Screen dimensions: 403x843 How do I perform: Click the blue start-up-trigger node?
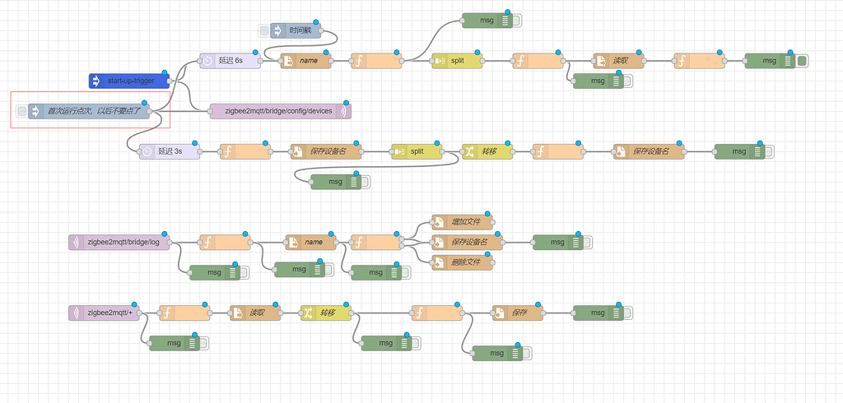(128, 81)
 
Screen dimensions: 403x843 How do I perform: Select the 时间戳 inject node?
(301, 30)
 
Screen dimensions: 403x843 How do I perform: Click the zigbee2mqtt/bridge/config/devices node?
(280, 111)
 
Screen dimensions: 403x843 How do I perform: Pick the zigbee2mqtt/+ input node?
(105, 313)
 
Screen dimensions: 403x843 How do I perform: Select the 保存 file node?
(518, 313)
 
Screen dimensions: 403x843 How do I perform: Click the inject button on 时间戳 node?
(264, 30)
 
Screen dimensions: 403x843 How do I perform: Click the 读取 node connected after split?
(618, 61)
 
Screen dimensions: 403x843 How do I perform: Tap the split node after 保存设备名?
(416, 151)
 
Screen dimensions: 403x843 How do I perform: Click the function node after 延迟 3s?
(245, 151)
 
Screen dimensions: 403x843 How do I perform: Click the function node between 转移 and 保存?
(437, 313)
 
